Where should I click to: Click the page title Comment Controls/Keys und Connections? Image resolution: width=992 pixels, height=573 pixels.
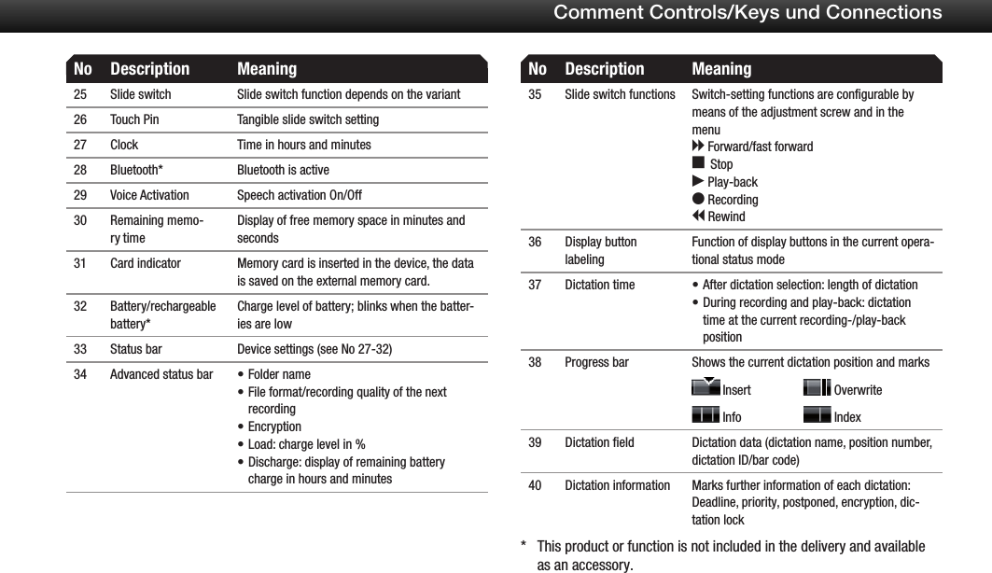[x=747, y=12]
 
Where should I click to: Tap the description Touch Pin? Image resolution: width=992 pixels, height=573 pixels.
[x=134, y=119]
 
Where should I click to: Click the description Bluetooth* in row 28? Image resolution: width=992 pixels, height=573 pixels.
[x=135, y=170]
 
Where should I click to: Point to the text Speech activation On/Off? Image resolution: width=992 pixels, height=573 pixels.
[x=299, y=195]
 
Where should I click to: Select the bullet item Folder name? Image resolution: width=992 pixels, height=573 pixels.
[x=279, y=374]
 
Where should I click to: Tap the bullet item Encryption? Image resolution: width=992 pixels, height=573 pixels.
[x=274, y=426]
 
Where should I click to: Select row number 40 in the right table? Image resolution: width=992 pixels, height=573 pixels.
[x=535, y=485]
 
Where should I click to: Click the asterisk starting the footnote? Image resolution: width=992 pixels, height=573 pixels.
[x=524, y=547]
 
